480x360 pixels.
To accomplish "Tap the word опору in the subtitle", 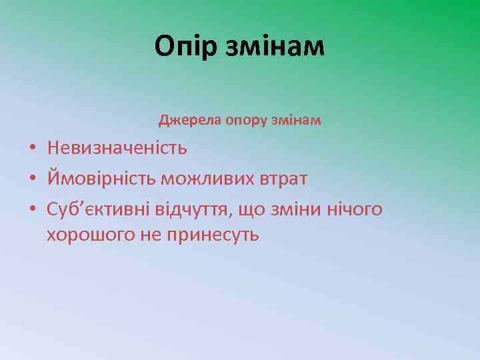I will pos(231,121).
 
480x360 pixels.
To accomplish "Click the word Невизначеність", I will pos(117,148).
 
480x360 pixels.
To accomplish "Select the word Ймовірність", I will pos(100,179).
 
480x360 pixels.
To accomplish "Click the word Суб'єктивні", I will pos(98,210).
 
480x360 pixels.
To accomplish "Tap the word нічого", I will pos(354,210).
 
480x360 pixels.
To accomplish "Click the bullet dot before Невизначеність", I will pos(32,149).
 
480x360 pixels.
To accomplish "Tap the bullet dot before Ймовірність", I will pos(32,179).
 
